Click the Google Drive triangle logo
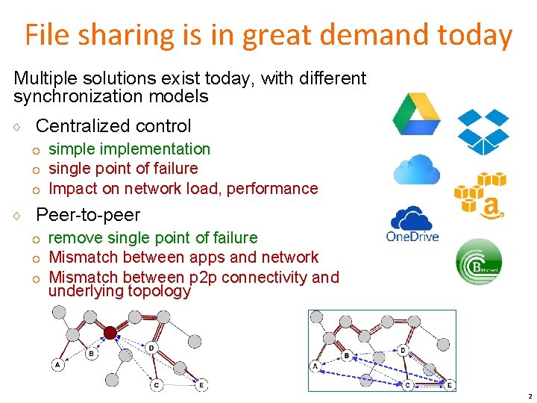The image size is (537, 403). (x=417, y=113)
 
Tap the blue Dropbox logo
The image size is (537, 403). (x=483, y=131)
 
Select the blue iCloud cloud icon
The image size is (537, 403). (x=416, y=169)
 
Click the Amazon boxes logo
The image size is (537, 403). (x=481, y=195)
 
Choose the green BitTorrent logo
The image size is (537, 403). (x=478, y=260)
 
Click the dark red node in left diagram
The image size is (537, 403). (x=110, y=332)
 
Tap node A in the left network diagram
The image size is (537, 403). (x=57, y=365)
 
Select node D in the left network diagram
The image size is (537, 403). (x=151, y=348)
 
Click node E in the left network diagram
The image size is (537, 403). (x=201, y=385)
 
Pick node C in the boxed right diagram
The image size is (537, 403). (x=407, y=384)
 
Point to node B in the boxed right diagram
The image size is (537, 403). (x=347, y=355)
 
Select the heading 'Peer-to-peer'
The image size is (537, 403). (x=88, y=215)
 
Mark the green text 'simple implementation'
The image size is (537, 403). (x=129, y=149)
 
